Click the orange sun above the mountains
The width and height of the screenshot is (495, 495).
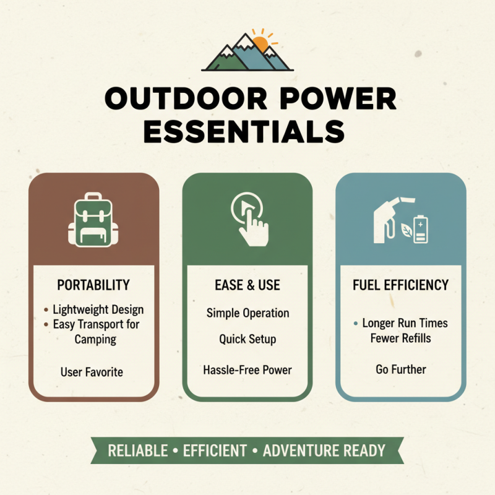260,44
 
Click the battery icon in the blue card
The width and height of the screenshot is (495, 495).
422,230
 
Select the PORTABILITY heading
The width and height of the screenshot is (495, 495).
93,285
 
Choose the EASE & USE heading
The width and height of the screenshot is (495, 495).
247,285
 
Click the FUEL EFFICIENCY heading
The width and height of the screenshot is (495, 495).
400,285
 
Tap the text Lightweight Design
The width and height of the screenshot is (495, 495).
98,309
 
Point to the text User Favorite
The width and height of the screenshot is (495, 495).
92,372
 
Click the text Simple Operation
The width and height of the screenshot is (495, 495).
247,313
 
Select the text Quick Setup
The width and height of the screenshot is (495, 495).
247,340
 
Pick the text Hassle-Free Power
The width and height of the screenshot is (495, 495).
247,370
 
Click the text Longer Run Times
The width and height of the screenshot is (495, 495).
405,323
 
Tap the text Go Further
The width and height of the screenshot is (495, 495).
400,369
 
